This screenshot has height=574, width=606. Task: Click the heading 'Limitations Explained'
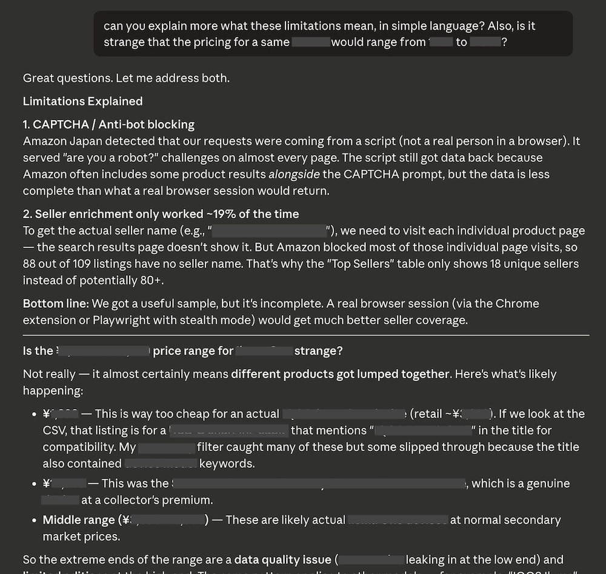click(x=82, y=101)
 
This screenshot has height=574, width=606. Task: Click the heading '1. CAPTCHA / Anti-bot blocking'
click(x=108, y=125)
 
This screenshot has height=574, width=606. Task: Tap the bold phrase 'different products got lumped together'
click(x=340, y=374)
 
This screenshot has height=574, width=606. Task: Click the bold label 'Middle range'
click(x=78, y=520)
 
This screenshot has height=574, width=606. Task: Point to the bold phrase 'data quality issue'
click(x=283, y=559)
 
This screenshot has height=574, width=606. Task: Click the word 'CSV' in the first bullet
click(x=55, y=430)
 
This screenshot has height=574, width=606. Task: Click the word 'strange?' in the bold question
click(x=319, y=351)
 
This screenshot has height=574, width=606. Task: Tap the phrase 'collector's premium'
click(x=162, y=500)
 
